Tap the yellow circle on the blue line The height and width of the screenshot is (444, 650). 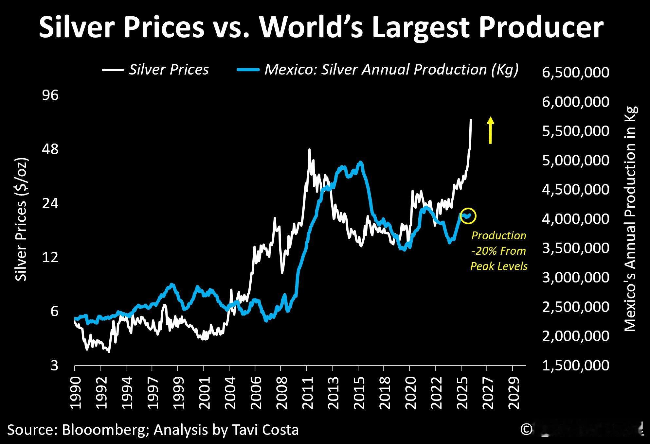tap(468, 216)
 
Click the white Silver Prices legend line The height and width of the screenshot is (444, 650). tap(113, 70)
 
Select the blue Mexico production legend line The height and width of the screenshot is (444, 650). tap(248, 70)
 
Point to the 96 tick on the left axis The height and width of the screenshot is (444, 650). tap(50, 95)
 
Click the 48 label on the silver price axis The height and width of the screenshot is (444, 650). tap(50, 149)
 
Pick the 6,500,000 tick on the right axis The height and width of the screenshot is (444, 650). tap(576, 73)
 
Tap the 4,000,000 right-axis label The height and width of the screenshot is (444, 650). tap(576, 219)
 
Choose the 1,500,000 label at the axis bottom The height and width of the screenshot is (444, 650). tap(576, 365)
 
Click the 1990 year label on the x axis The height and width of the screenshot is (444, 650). tap(75, 393)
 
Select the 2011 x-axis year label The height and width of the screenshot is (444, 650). tap(307, 393)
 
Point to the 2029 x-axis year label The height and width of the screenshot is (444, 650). tap(513, 393)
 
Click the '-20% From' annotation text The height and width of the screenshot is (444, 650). tap(498, 251)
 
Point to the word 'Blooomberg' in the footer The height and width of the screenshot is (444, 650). tap(104, 430)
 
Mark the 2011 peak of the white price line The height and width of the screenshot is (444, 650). tap(309, 150)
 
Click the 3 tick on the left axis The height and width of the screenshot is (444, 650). tap(54, 365)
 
